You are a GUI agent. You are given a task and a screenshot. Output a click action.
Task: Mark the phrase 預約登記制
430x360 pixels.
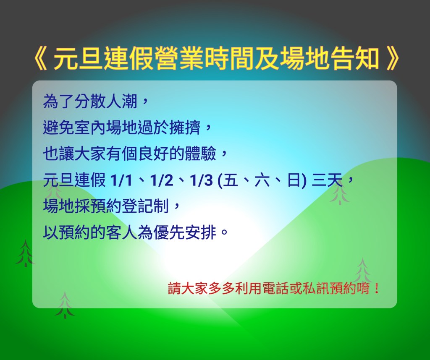pyautogui.click(x=130, y=206)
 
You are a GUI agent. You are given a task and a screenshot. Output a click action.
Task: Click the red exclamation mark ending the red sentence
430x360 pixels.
pyautogui.click(x=377, y=289)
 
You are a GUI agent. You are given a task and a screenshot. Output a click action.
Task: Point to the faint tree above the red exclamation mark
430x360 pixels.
pyautogui.click(x=362, y=271)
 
